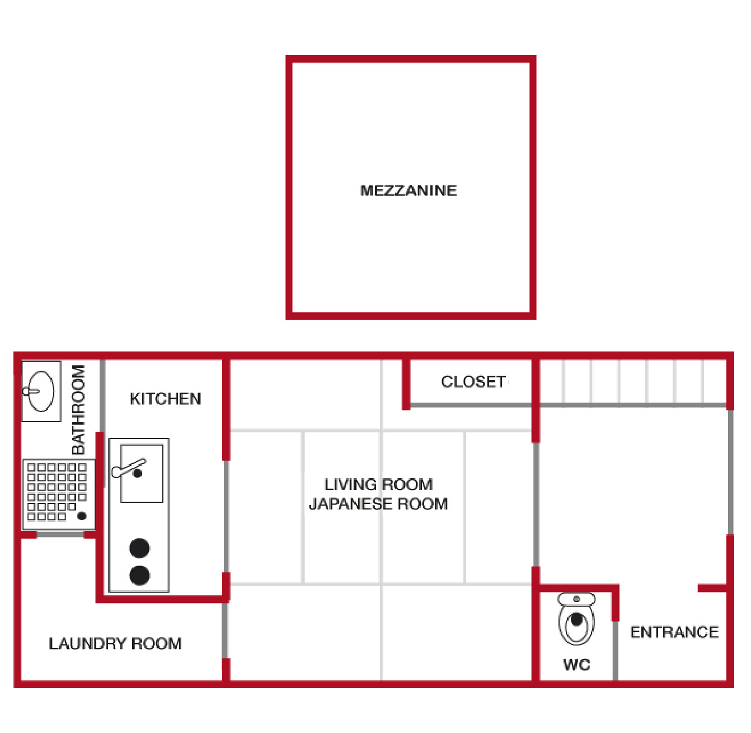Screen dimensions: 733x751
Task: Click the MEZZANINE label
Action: [409, 190]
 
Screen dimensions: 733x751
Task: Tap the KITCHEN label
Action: [165, 399]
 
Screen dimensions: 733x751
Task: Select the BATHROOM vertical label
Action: [79, 409]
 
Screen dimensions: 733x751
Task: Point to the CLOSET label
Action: [473, 382]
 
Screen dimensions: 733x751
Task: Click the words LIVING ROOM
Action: [378, 484]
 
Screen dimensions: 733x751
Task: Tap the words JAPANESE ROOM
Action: [378, 504]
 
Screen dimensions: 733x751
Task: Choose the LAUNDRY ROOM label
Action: [115, 643]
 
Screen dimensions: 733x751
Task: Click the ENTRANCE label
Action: [674, 632]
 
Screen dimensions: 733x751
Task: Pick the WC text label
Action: [576, 665]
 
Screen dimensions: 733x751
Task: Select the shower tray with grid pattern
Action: [57, 493]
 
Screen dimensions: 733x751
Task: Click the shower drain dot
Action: [82, 516]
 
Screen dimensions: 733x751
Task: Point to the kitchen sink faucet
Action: [129, 468]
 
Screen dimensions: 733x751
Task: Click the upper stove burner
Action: [139, 548]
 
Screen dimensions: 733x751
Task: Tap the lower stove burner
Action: [139, 575]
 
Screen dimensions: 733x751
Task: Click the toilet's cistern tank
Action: [576, 599]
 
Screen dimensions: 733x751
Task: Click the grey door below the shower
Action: [60, 535]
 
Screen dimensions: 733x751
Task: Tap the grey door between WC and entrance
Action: [615, 650]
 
